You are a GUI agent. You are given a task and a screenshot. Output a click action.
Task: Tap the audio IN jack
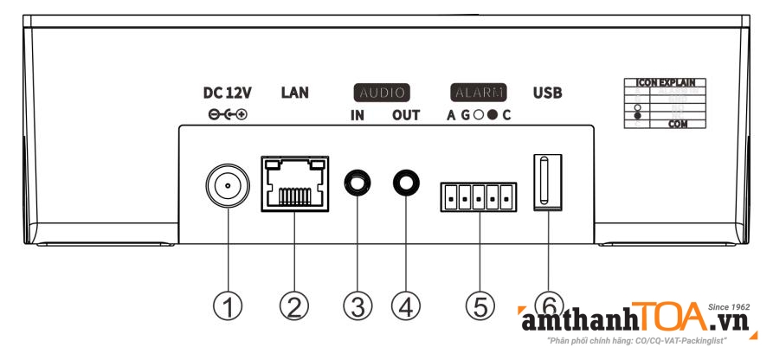click(x=357, y=183)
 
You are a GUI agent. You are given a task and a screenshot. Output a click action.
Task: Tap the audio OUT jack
click(x=405, y=183)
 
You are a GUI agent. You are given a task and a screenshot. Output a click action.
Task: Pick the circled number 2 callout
click(x=293, y=305)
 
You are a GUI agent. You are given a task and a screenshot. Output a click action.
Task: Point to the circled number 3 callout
click(x=357, y=305)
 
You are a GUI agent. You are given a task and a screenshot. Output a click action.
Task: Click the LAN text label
click(x=294, y=93)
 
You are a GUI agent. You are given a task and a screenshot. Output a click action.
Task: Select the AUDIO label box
click(x=381, y=93)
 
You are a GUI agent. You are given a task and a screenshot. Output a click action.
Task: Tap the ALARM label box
click(x=478, y=93)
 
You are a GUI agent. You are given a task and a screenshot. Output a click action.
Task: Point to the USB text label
click(x=547, y=93)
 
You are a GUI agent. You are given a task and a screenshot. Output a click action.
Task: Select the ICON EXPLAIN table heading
click(x=664, y=84)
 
